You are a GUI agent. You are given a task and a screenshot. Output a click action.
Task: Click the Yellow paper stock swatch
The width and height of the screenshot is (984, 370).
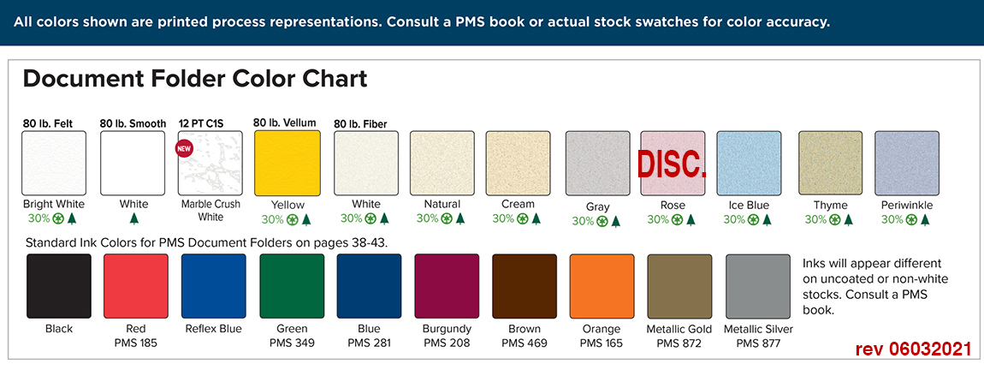click(287, 163)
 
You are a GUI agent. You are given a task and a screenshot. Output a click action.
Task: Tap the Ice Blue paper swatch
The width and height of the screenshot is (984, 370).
click(749, 164)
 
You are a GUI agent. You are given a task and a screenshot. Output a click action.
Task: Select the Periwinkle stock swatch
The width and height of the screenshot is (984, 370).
click(906, 164)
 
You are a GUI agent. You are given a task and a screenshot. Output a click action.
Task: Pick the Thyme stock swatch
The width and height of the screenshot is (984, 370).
click(830, 164)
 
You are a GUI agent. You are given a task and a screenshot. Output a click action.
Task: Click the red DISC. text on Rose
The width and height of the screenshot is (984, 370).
click(673, 164)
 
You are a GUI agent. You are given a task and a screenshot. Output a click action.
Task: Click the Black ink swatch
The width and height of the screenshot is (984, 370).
click(58, 286)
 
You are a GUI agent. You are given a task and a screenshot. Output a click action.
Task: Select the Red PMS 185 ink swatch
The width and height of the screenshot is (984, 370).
click(135, 286)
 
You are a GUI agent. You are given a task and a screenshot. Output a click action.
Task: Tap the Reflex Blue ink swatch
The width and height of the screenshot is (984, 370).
click(213, 286)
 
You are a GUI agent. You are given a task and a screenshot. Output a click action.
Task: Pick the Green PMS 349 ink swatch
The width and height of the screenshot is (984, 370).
click(292, 286)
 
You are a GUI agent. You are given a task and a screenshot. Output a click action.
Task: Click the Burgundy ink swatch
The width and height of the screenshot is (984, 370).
click(447, 286)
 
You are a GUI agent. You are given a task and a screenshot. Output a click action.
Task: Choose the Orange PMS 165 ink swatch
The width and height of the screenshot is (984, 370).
click(602, 286)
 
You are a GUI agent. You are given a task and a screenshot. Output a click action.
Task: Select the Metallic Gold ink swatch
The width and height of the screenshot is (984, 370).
click(679, 286)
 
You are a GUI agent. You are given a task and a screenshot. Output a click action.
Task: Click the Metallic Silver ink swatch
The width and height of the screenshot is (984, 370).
click(758, 286)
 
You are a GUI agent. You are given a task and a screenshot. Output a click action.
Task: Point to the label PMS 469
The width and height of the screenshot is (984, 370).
click(525, 343)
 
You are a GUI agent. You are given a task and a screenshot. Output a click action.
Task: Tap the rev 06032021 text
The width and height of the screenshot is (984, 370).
click(913, 349)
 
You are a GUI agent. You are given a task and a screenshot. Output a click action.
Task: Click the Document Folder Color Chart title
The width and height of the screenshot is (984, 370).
click(195, 80)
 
